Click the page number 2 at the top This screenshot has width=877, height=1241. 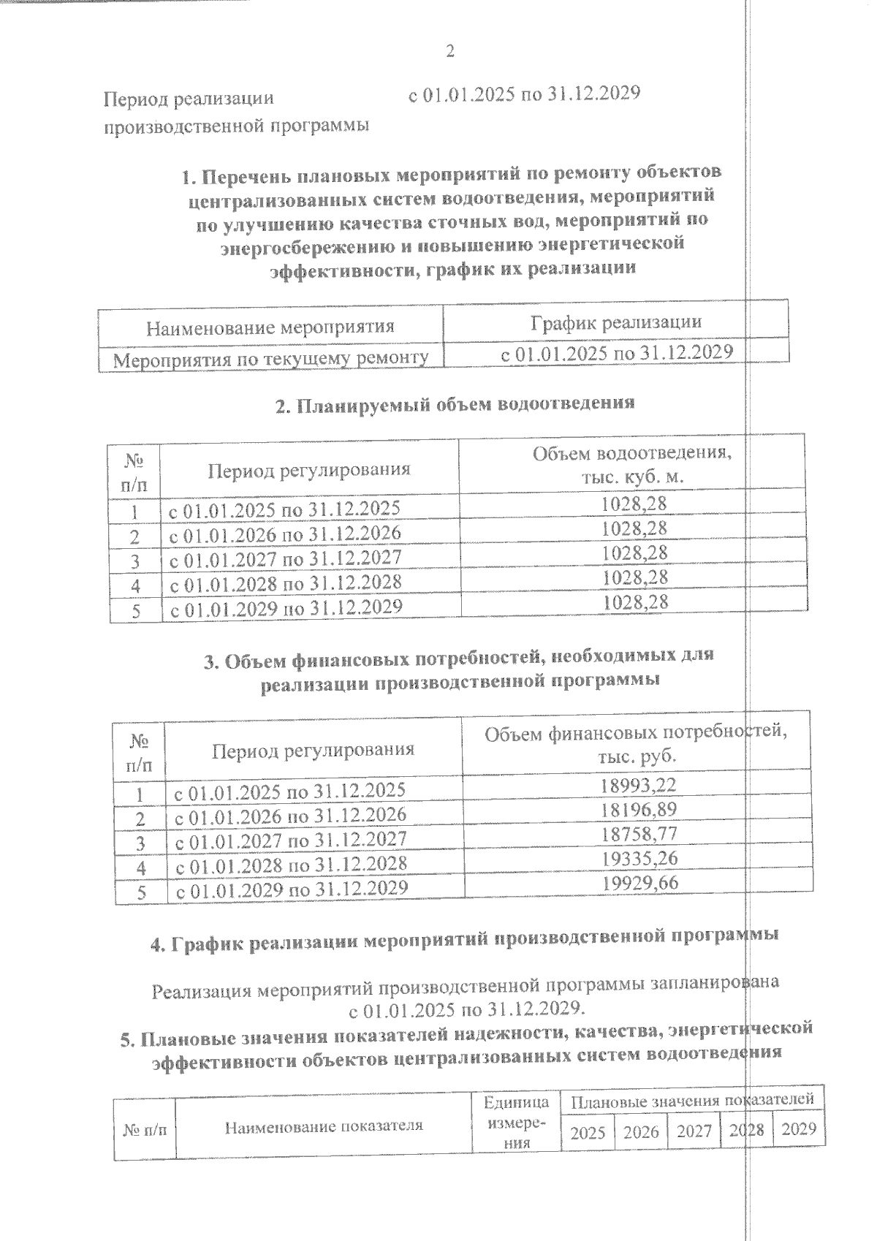[449, 51]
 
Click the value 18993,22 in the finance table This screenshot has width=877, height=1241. [638, 785]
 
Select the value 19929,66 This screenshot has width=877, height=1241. [639, 883]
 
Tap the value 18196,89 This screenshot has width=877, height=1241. [639, 809]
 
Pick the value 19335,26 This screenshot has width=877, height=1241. [639, 858]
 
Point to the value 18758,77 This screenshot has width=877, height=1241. [639, 834]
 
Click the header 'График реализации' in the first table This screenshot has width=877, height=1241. [615, 322]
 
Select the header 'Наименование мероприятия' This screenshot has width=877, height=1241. [270, 327]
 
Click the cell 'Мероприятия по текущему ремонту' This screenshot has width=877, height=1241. [270, 359]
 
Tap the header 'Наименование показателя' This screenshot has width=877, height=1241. [323, 1126]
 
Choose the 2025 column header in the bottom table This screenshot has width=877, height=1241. [588, 1133]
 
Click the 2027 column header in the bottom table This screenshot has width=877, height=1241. [694, 1131]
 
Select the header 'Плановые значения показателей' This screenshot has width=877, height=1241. [691, 1100]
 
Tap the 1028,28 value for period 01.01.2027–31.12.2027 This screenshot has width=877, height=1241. [634, 553]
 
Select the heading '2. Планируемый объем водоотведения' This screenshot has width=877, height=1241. [455, 403]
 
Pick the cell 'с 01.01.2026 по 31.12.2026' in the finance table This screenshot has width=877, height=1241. [289, 814]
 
